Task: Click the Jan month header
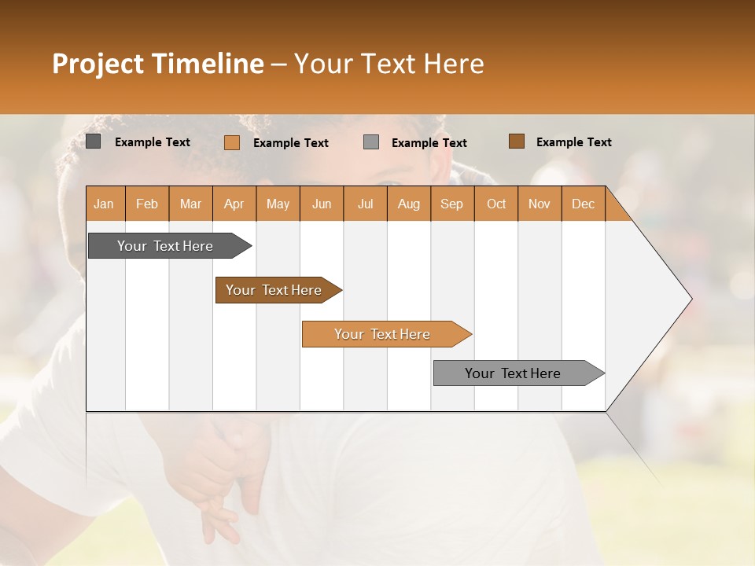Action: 104,204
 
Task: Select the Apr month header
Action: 234,204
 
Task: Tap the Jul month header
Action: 365,204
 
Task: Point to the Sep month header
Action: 451,204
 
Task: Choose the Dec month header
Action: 583,204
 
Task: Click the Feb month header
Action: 147,204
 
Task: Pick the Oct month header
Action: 496,204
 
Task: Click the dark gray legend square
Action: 94,141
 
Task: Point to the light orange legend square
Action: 232,142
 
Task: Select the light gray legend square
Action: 371,142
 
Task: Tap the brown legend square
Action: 517,141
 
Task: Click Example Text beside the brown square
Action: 573,142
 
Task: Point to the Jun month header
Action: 322,204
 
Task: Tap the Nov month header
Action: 540,204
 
